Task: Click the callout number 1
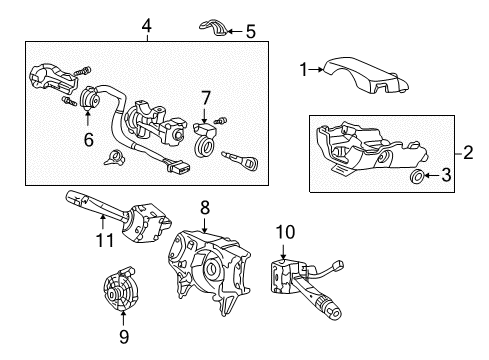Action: click(303, 69)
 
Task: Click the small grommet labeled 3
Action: click(416, 178)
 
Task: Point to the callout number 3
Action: click(448, 178)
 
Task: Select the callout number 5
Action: click(250, 32)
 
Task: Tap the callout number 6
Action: click(88, 141)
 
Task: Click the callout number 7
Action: click(205, 97)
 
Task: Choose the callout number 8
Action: click(204, 208)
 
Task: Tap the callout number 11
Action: click(99, 240)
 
